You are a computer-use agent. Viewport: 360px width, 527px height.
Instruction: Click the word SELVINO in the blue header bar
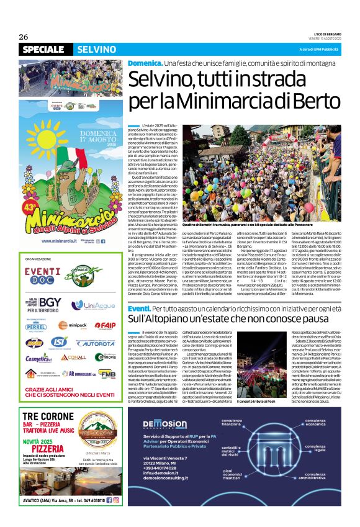[96, 50]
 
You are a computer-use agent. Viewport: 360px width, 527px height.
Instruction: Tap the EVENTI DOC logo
[43, 271]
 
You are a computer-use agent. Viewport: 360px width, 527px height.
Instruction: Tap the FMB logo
[107, 374]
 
